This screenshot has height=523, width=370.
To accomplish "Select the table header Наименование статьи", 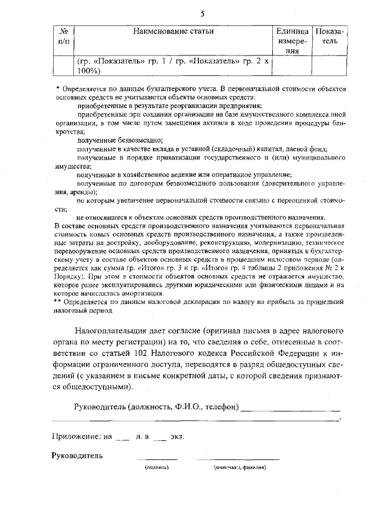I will [174, 31].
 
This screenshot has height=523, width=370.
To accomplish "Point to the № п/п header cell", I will [64, 35].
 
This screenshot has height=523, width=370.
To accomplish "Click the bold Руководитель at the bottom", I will [77, 455].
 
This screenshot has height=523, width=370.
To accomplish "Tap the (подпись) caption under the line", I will [156, 467].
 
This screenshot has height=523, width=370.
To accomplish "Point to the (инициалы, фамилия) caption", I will [239, 467].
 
